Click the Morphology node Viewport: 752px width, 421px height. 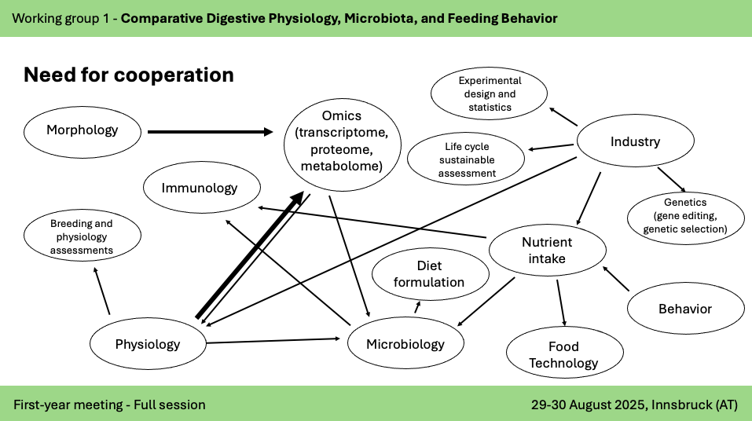point(82,130)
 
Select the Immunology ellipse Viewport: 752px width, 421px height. point(202,188)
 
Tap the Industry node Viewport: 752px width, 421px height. point(635,142)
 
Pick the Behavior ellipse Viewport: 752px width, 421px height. point(685,309)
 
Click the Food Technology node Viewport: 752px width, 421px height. point(564,354)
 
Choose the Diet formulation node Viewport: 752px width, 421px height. point(429,273)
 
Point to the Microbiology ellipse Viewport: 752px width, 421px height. point(405,344)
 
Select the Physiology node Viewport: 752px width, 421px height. point(148,344)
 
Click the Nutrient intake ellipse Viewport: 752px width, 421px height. point(548,251)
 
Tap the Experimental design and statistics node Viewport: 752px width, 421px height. point(490,93)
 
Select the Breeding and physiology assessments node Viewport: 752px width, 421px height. point(82,236)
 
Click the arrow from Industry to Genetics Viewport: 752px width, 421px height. point(673,178)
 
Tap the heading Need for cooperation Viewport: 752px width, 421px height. point(129,75)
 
